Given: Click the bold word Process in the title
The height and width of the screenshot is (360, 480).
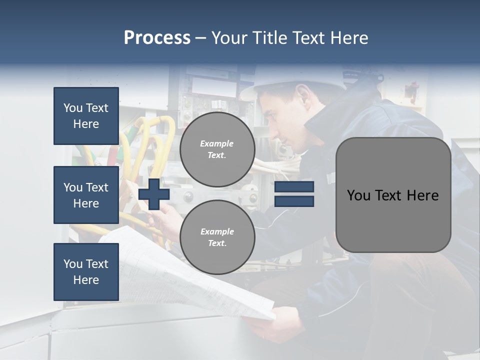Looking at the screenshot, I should (x=157, y=38).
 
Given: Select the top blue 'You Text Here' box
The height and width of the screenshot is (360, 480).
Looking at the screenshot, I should (x=86, y=116).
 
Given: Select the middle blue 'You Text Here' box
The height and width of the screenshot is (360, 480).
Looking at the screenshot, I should (x=86, y=195).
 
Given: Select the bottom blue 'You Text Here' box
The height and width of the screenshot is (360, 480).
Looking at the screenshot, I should (x=86, y=272).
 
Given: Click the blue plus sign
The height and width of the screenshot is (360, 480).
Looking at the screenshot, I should (x=153, y=194).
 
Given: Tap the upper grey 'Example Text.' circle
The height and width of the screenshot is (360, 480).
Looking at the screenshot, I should (x=217, y=149).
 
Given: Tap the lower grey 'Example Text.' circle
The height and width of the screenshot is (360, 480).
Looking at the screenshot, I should (x=217, y=237).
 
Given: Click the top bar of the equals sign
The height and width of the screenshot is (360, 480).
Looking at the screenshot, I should (x=294, y=187).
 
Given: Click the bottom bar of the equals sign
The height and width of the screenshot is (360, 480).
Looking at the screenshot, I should (x=294, y=201).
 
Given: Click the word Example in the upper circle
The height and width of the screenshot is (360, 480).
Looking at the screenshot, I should (x=216, y=143).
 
